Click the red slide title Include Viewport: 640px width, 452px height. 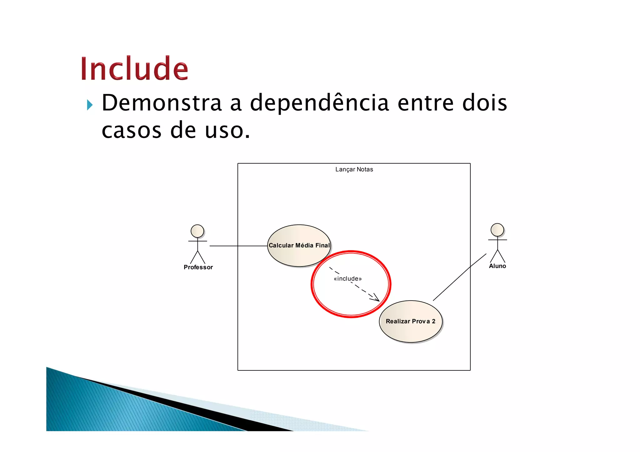134,68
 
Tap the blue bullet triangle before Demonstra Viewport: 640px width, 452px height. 90,105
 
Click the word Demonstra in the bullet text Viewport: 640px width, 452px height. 162,103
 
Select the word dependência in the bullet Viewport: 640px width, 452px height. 319,103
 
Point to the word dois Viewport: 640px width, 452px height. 484,103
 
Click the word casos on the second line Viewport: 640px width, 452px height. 132,130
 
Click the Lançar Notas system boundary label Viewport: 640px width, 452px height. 354,169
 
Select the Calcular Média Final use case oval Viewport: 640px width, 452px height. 299,237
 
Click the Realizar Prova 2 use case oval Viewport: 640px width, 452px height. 410,331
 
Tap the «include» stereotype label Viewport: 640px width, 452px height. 347,279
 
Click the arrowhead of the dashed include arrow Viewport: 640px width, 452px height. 376,298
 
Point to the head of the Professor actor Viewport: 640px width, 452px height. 197,231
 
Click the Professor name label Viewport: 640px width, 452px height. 198,267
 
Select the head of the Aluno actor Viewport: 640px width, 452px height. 497,230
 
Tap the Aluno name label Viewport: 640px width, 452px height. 497,266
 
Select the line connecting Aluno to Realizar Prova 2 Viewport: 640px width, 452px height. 459,277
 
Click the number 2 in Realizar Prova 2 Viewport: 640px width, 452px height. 433,321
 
